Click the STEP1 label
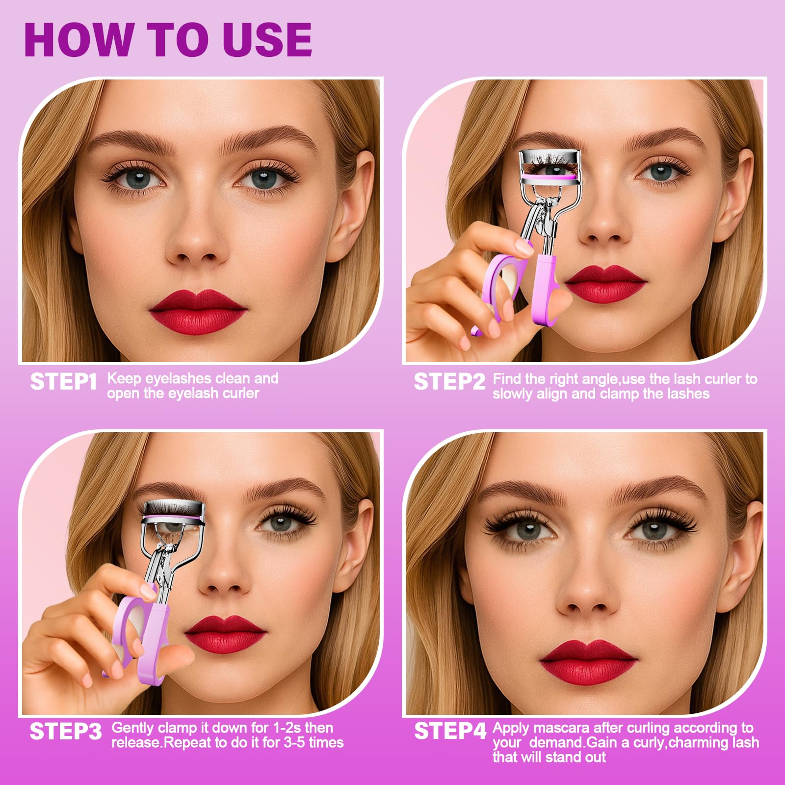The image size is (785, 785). click(x=64, y=382)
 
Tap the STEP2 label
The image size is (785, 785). click(x=449, y=382)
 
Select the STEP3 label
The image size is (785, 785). click(x=66, y=732)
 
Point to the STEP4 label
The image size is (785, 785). click(x=450, y=731)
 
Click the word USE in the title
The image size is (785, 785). click(x=267, y=40)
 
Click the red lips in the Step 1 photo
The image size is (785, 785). click(x=198, y=311)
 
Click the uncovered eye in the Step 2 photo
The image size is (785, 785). click(x=660, y=172)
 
